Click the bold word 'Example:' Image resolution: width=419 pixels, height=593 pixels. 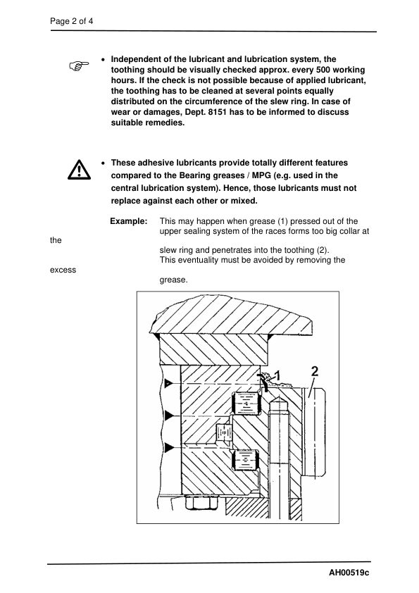coord(129,221)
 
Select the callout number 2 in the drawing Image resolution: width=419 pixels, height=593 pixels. coord(314,370)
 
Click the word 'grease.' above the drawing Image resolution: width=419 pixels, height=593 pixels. coord(173,280)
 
